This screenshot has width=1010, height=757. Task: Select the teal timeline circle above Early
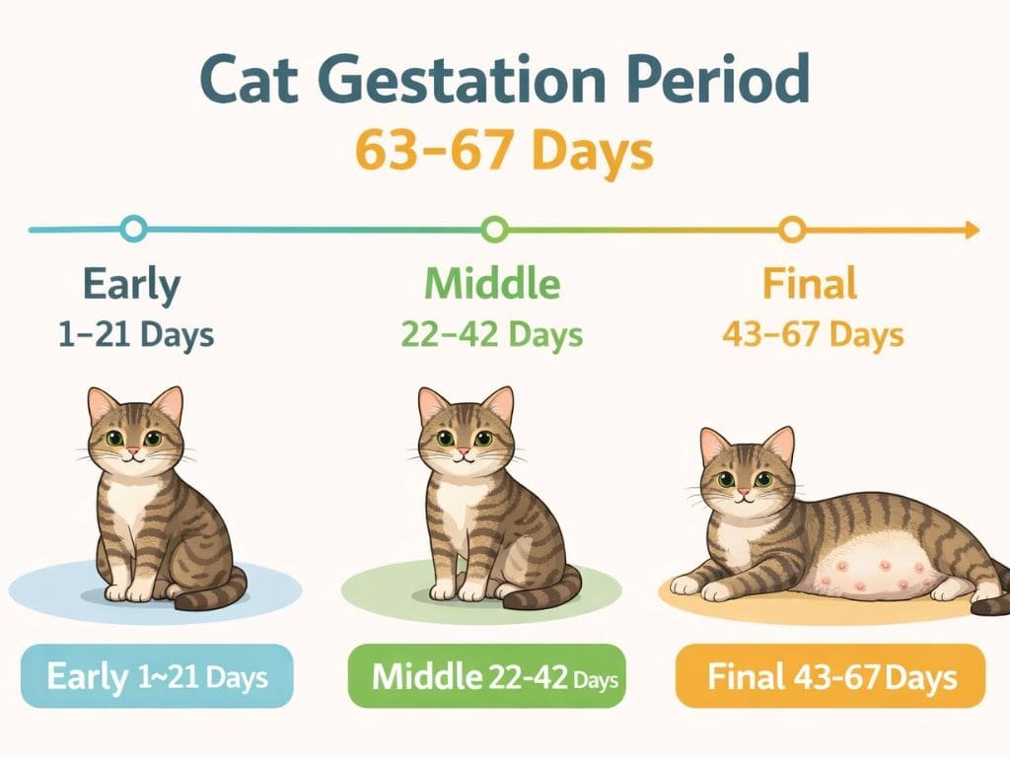133,230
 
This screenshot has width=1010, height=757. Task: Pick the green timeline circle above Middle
495,230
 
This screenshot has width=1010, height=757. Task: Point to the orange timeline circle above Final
791,230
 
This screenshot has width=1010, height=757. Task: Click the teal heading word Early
132,285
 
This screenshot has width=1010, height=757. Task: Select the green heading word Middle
492,285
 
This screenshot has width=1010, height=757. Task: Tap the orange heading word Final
810,285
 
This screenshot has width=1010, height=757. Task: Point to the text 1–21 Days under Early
136,334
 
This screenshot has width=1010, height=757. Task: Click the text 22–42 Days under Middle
492,334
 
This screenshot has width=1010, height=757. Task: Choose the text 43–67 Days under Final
813,334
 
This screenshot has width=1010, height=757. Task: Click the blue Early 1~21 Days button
158,677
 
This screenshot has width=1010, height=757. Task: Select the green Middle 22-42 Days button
487,677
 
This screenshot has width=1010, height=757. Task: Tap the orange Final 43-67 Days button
830,677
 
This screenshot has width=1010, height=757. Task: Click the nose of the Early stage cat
132,451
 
